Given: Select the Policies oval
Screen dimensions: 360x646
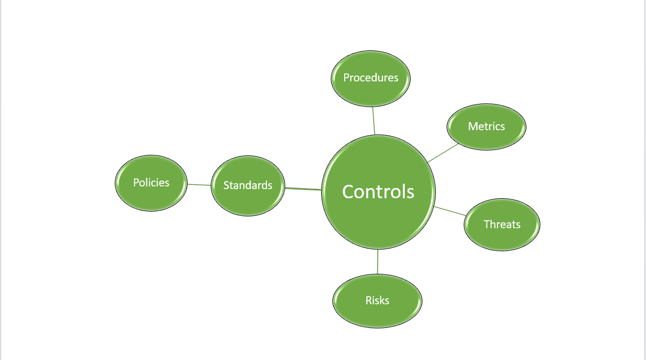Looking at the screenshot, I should [151, 196].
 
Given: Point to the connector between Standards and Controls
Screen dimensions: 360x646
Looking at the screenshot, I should [303, 189].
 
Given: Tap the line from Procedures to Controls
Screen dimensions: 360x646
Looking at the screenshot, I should [374, 121].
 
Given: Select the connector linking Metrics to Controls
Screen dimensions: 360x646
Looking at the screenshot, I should [443, 153].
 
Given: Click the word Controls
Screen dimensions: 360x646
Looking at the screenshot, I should [378, 192].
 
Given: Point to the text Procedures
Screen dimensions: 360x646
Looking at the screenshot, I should [371, 78].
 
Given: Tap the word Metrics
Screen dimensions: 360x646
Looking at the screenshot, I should [486, 126].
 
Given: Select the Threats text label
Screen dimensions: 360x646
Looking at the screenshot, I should [502, 224].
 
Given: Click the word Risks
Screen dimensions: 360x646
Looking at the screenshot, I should [377, 301].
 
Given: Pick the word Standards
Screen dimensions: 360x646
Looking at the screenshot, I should [248, 185].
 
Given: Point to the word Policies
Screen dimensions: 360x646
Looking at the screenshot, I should [151, 183].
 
